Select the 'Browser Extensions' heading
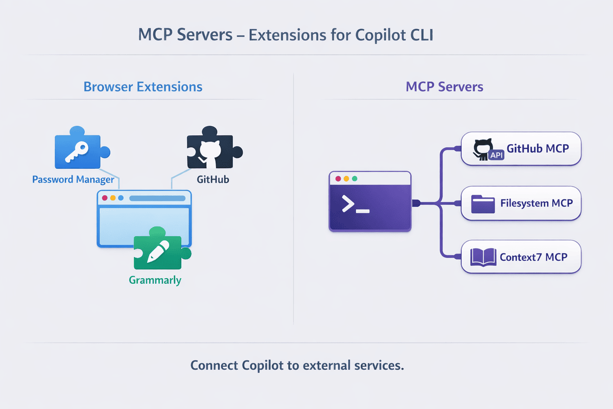(x=143, y=86)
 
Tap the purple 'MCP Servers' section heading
(x=444, y=86)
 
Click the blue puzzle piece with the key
(x=78, y=150)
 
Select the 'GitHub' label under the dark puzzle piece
(x=213, y=180)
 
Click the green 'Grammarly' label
(x=155, y=280)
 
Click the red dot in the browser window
(x=105, y=198)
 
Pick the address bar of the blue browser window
(x=157, y=198)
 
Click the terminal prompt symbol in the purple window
(x=355, y=205)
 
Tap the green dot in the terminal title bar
(x=355, y=179)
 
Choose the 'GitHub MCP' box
(x=521, y=149)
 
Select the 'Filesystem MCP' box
(x=521, y=203)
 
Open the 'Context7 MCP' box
(x=521, y=257)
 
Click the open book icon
(x=483, y=257)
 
